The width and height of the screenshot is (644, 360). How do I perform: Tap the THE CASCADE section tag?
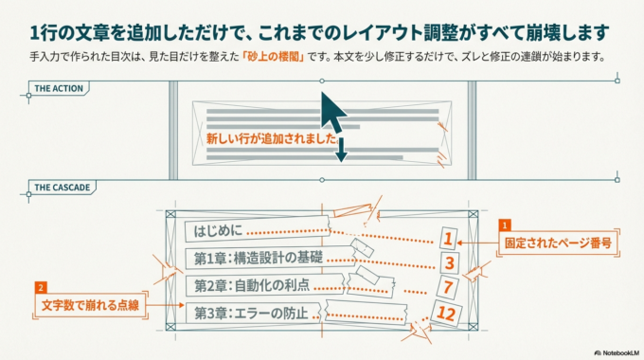pos(62,188)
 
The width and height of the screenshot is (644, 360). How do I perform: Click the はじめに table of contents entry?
pos(218,230)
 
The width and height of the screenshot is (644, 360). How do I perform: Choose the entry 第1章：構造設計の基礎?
pos(258,257)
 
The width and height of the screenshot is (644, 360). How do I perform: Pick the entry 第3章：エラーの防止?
pos(251,312)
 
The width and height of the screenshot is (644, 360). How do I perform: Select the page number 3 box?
pos(450,262)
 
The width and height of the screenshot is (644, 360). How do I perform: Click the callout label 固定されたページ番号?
pos(560,243)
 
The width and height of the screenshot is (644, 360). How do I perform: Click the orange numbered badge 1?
pos(505,225)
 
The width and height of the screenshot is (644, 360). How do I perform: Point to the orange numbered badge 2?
pos(40,287)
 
